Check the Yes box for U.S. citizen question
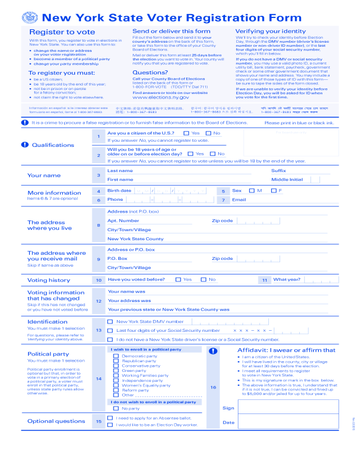pyautogui.click(x=187, y=133)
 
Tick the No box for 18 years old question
pyautogui.click(x=213, y=154)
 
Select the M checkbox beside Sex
pyautogui.click(x=251, y=191)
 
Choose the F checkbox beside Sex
pyautogui.click(x=273, y=191)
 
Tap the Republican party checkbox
pyautogui.click(x=116, y=361)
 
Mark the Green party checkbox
pyautogui.click(x=116, y=371)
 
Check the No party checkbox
pyautogui.click(x=116, y=408)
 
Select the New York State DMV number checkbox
pyautogui.click(x=110, y=322)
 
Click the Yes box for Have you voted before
pyautogui.click(x=178, y=280)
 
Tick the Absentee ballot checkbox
pyautogui.click(x=110, y=418)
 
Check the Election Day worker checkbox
pyautogui.click(x=110, y=425)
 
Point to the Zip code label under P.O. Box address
pyautogui.click(x=222, y=259)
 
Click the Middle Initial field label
pyautogui.click(x=287, y=179)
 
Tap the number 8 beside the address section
pyautogui.click(x=98, y=226)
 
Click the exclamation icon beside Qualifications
pyautogui.click(x=24, y=145)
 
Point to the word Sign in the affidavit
pyautogui.click(x=228, y=408)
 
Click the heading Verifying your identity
pyautogui.click(x=263, y=31)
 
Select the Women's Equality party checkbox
pyautogui.click(x=116, y=385)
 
